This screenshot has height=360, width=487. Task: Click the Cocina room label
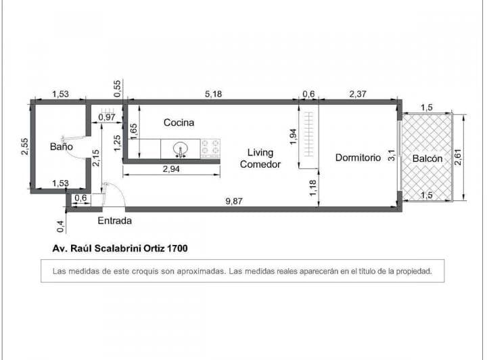[179, 122]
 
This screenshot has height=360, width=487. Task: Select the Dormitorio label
[358, 158]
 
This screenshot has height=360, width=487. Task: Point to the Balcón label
[427, 158]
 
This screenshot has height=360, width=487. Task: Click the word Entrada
[114, 221]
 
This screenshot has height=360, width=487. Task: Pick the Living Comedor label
[260, 158]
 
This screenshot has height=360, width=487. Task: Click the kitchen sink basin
[181, 148]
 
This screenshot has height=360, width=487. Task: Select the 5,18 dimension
[213, 94]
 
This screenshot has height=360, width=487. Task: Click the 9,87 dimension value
[235, 200]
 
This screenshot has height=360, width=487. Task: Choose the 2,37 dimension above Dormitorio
[358, 94]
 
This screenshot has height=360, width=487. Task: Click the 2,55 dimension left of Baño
[24, 146]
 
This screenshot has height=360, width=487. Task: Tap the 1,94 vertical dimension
[293, 135]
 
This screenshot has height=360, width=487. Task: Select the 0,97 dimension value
[106, 118]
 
